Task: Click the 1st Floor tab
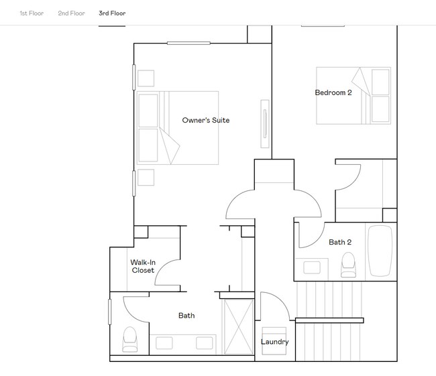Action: [32, 13]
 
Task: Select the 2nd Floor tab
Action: [71, 13]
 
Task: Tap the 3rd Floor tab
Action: [112, 13]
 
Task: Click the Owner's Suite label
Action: [206, 121]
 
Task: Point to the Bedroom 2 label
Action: [333, 92]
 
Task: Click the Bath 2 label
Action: [340, 243]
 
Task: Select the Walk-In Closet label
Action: [142, 266]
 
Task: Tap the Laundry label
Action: [274, 342]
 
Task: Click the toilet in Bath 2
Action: [347, 265]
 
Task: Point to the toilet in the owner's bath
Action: [129, 339]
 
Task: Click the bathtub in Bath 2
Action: [379, 251]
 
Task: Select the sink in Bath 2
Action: [312, 267]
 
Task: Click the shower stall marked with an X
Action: [238, 326]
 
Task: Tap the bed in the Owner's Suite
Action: [178, 127]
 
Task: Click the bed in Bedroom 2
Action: [353, 95]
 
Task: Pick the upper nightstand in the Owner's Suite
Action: [146, 78]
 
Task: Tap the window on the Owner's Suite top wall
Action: [188, 44]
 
